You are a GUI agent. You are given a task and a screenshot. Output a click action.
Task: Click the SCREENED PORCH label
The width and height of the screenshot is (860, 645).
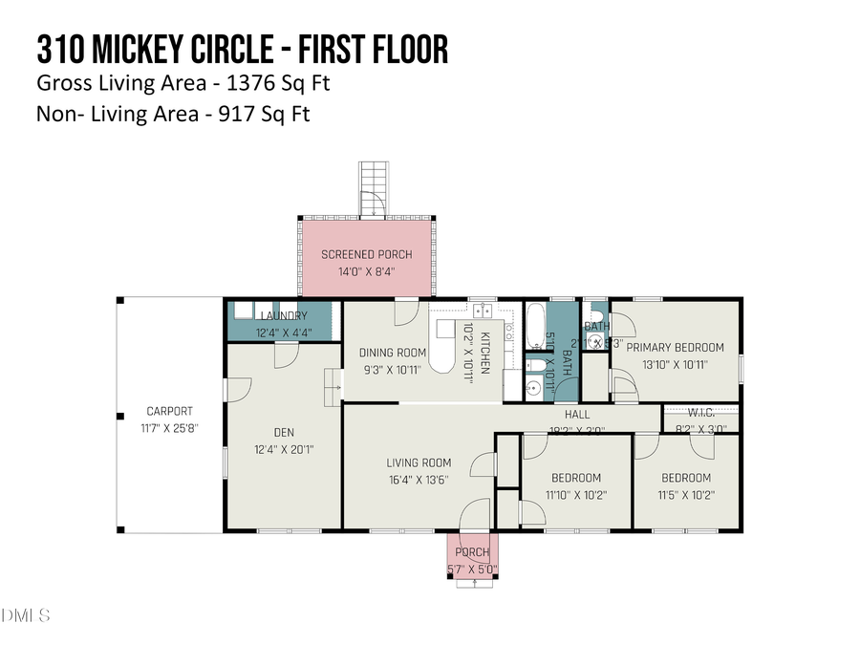pos(367,254)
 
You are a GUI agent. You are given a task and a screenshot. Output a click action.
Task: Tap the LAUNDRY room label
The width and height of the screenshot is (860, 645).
pos(282,316)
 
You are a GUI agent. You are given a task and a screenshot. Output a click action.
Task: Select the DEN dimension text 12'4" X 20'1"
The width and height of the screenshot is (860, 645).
pos(284,449)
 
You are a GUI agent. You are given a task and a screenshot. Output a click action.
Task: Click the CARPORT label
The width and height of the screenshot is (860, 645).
pos(169,412)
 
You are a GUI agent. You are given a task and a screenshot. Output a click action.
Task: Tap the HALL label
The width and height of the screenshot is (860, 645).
pos(577,415)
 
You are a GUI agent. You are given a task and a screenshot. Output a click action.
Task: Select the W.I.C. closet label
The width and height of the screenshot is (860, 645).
pos(701,415)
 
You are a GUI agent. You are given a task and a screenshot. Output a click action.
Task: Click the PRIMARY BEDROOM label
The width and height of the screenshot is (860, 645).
pos(675,348)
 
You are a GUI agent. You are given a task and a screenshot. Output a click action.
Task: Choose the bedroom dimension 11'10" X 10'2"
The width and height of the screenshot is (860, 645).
pos(575,495)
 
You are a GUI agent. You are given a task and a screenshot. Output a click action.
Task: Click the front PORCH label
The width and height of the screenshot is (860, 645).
pos(472,553)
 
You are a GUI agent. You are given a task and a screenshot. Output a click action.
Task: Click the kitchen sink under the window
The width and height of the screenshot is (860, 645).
pos(483,310)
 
